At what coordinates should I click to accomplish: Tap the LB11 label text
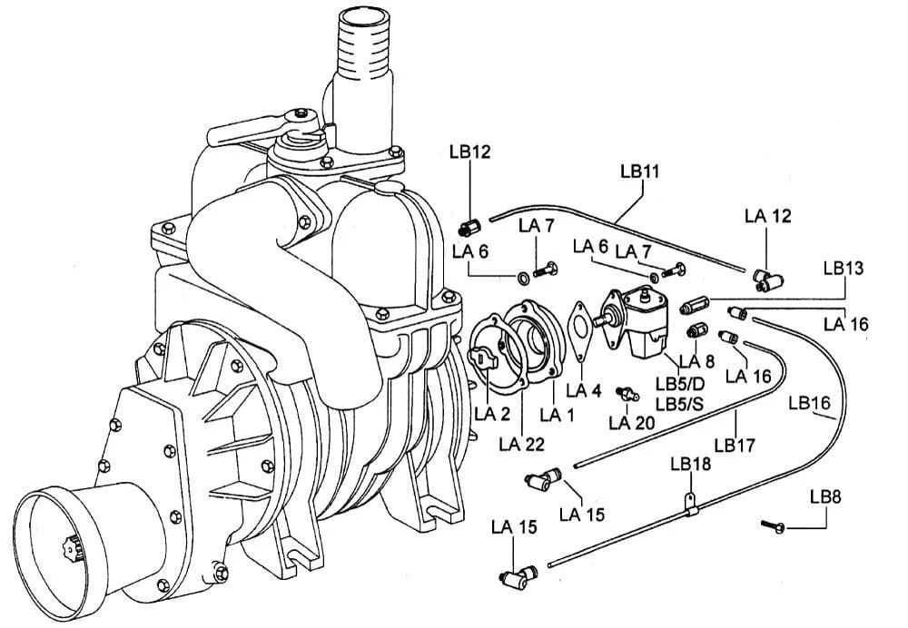click(639, 171)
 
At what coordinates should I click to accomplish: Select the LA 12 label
click(767, 216)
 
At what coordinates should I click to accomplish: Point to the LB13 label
click(843, 269)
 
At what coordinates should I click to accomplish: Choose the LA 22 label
click(521, 444)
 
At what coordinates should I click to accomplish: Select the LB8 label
click(825, 496)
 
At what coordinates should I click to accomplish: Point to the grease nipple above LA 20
click(621, 391)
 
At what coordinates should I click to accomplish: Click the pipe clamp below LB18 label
click(690, 505)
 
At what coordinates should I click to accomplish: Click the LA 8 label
click(704, 360)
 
